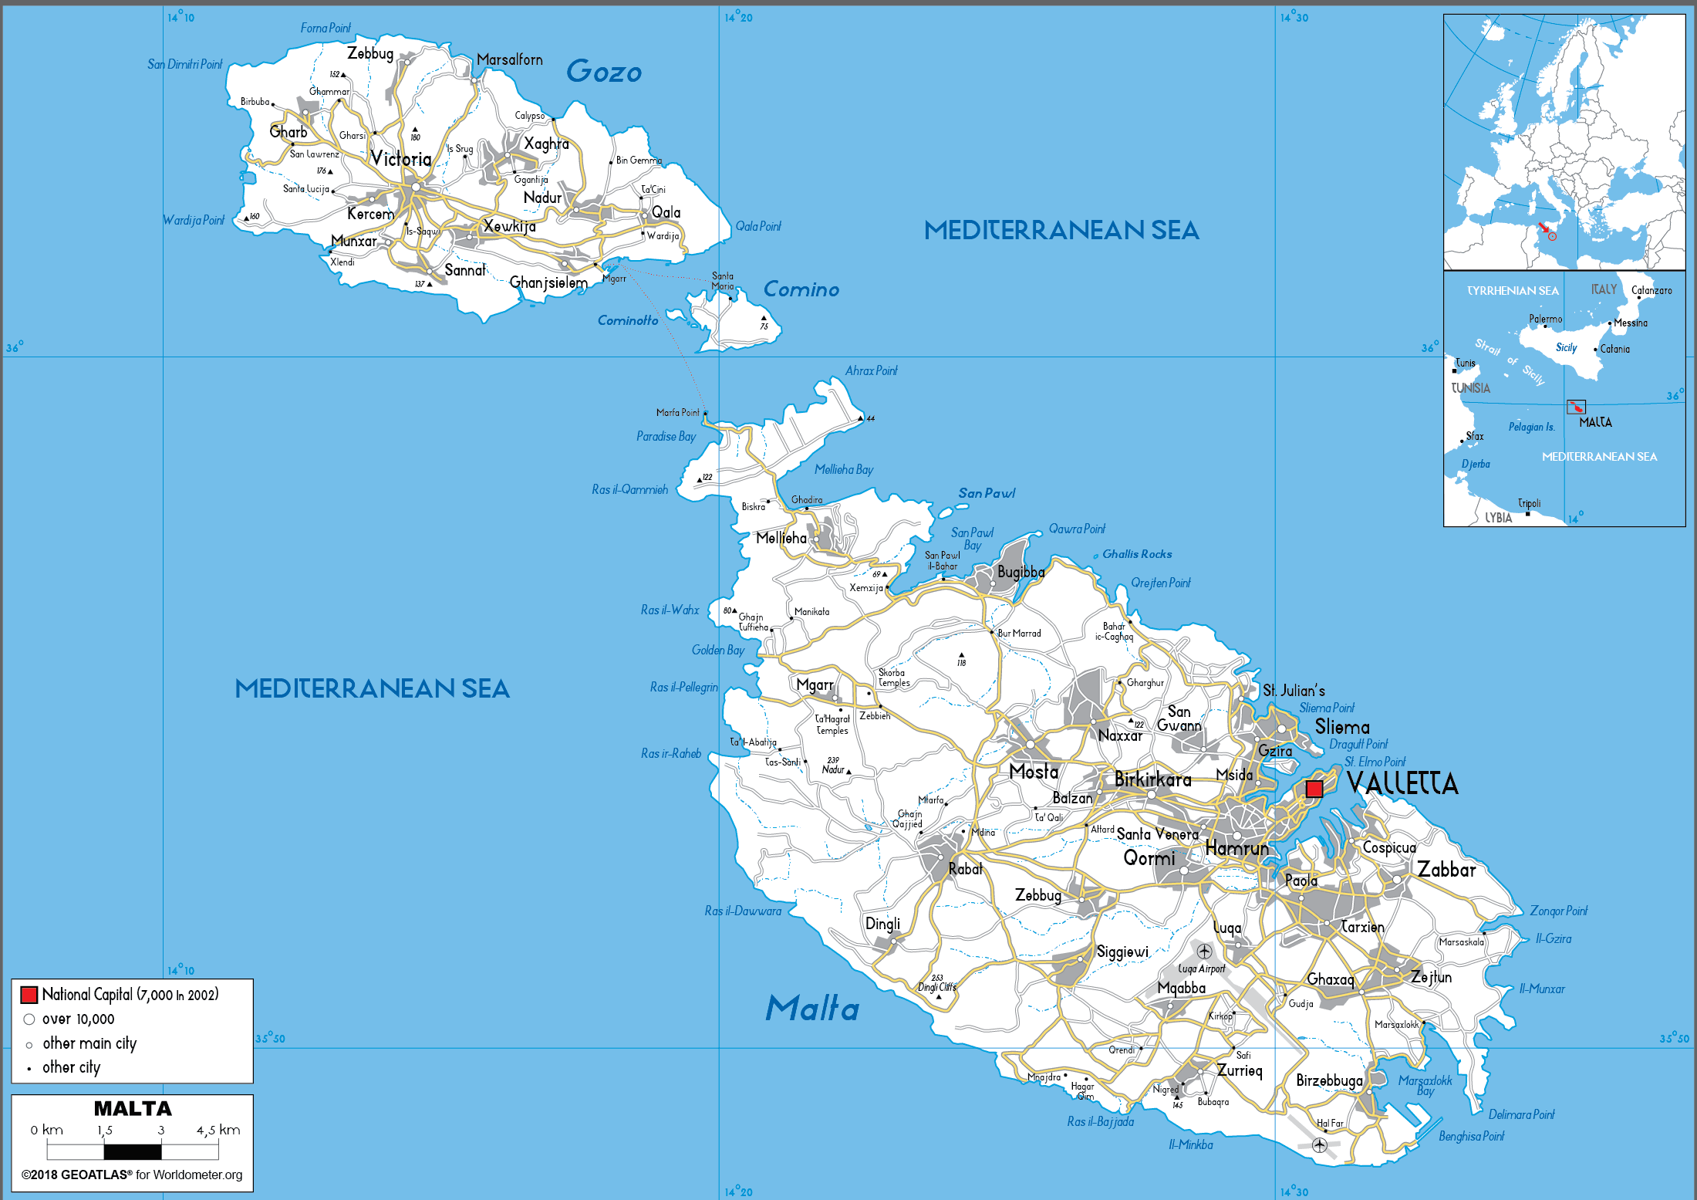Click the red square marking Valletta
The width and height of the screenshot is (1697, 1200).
[1314, 789]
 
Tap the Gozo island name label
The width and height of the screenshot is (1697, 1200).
[604, 72]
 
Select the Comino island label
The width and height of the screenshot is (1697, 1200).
[801, 289]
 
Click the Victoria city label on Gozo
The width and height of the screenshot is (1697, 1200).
[400, 159]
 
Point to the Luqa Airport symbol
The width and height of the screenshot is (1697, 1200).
[1204, 952]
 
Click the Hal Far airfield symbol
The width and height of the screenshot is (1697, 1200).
[1320, 1144]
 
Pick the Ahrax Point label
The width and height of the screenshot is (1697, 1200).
[871, 370]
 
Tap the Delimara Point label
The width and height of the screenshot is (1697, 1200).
[1521, 1114]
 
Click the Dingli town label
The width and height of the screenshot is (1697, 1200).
[882, 924]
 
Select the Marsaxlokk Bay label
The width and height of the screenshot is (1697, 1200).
[1425, 1084]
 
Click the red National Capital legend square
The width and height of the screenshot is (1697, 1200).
[29, 995]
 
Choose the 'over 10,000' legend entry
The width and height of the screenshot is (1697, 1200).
[78, 1019]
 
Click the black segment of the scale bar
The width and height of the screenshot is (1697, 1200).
[133, 1152]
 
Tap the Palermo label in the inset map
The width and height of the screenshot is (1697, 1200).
[1546, 319]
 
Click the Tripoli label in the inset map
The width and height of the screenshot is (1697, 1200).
[1529, 503]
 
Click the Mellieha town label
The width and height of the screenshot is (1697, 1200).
[781, 538]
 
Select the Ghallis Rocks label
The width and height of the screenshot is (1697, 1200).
[1137, 554]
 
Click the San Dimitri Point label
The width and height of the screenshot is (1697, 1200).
[184, 64]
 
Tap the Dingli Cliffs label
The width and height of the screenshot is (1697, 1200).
[936, 987]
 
